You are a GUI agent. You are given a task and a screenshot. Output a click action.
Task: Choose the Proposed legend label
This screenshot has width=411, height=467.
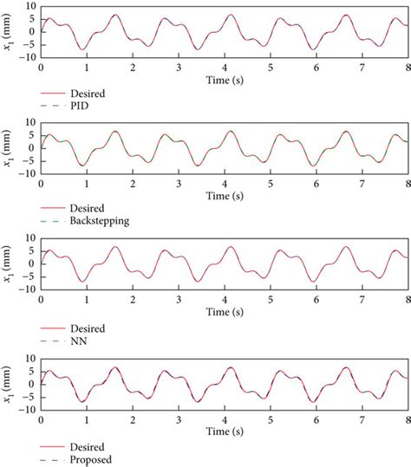click(x=94, y=458)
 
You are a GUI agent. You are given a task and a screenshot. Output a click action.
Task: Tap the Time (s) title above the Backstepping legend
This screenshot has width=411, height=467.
click(x=225, y=195)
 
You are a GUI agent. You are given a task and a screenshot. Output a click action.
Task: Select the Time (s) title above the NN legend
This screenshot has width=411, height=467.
click(x=225, y=314)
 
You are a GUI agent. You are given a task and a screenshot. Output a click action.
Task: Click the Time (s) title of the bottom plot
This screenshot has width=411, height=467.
click(x=225, y=431)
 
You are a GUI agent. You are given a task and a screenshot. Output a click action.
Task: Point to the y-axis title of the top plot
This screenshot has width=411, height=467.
click(x=10, y=35)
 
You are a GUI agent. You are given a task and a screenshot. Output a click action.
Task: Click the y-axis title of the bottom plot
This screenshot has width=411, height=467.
click(x=10, y=386)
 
